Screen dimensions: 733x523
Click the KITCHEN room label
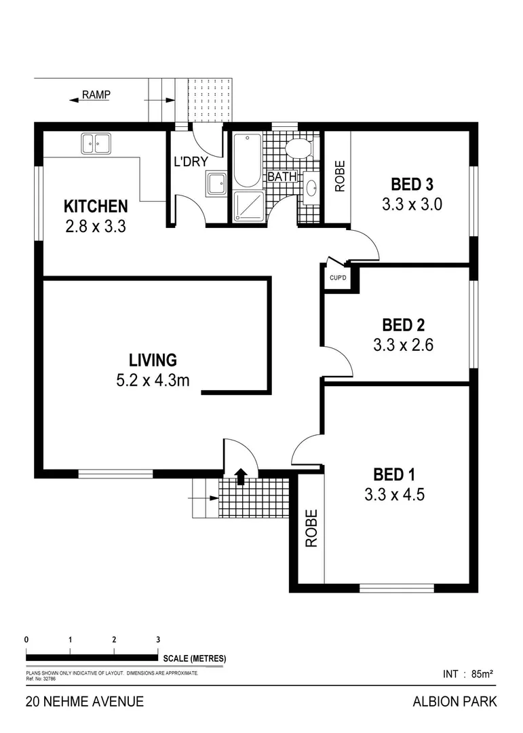coord(95,206)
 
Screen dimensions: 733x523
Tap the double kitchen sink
coord(96,144)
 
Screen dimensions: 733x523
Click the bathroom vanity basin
coord(311,188)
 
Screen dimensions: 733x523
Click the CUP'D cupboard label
coord(337,278)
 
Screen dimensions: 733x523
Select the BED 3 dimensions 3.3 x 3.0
coord(412,204)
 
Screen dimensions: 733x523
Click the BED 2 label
coord(403,324)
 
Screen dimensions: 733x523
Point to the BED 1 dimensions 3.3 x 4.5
coord(394,495)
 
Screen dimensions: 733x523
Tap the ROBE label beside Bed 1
coord(311,528)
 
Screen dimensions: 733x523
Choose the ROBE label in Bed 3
coord(339,175)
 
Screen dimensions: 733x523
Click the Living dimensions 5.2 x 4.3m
coord(153,381)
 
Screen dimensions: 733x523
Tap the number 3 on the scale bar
coord(158,639)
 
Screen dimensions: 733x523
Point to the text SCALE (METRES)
coord(194,658)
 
